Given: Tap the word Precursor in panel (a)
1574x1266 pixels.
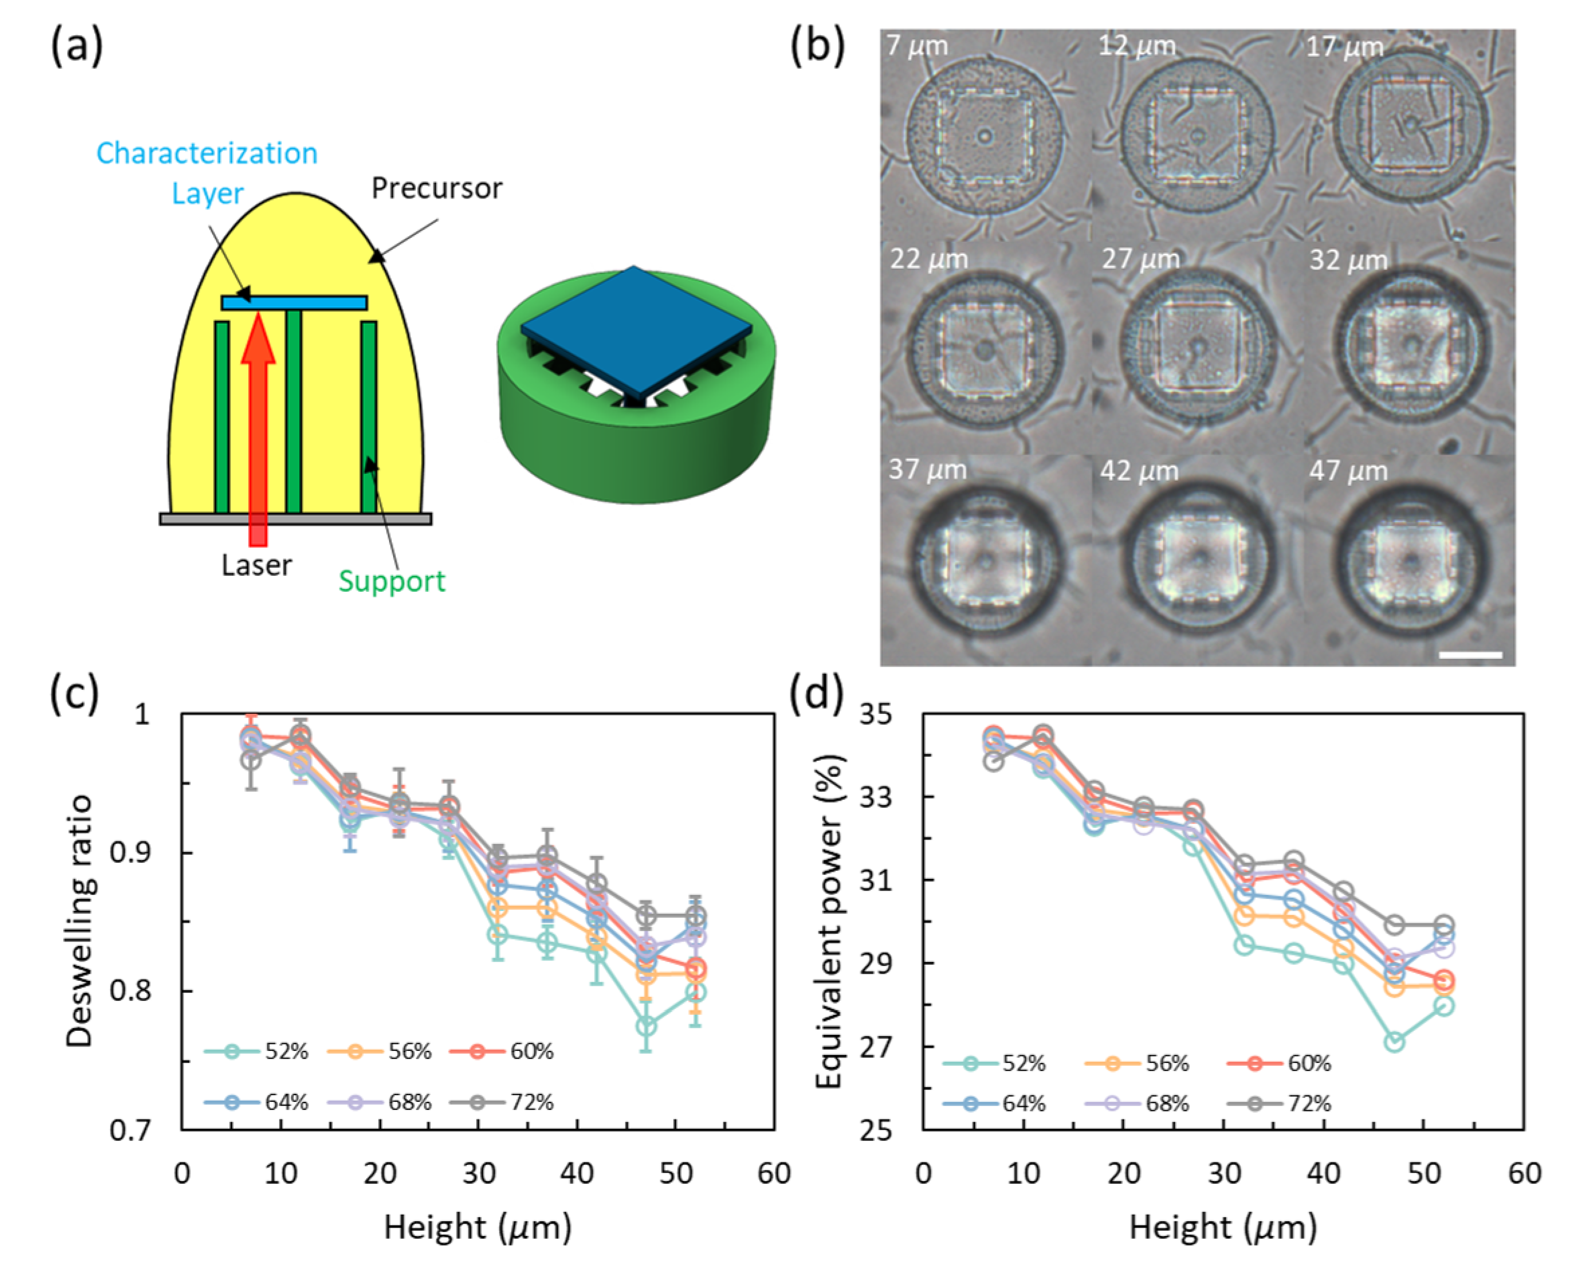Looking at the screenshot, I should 436,189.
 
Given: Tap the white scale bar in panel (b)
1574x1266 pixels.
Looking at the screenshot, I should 1470,655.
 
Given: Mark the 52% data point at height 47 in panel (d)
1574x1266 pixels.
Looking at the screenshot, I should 1395,1042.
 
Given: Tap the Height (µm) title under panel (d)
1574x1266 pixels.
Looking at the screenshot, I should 1223,1228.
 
